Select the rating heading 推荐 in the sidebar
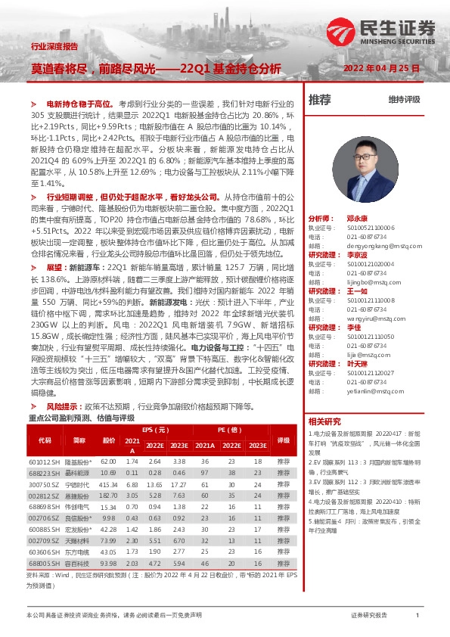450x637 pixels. (x=321, y=99)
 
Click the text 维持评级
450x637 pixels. (x=404, y=100)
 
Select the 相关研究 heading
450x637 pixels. (x=325, y=421)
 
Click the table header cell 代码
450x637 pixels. (x=45, y=440)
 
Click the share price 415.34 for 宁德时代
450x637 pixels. (x=109, y=483)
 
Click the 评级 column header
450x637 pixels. (x=284, y=440)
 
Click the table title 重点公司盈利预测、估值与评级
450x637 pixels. (x=80, y=418)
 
